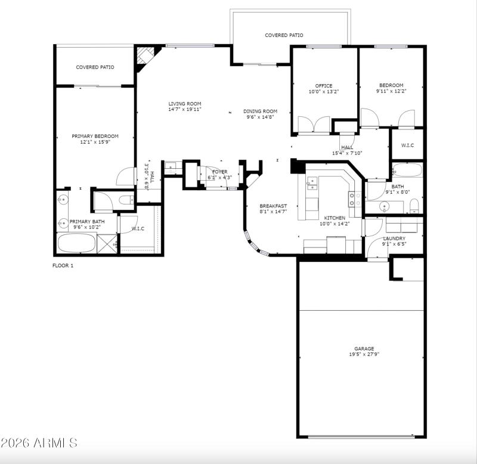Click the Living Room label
184,104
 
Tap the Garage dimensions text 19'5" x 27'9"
364,354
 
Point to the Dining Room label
261,111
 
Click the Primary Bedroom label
95,136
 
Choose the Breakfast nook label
273,206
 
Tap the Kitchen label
334,218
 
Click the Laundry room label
394,238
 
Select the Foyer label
219,172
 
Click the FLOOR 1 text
63,265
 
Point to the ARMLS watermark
39,443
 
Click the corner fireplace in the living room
143,57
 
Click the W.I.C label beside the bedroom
408,145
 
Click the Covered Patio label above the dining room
284,35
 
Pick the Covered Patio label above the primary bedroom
95,67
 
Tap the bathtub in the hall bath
407,170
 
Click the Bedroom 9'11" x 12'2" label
390,86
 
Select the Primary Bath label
87,222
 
